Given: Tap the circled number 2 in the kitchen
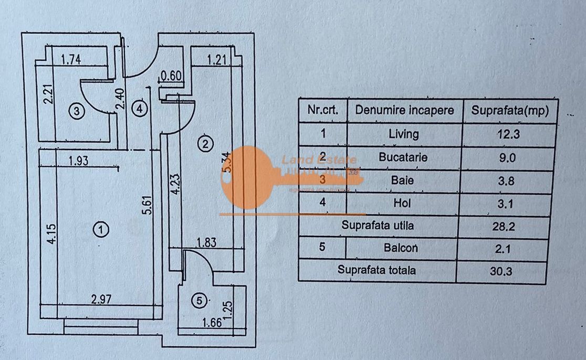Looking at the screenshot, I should [205, 142].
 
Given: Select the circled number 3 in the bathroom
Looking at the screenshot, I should [77, 111].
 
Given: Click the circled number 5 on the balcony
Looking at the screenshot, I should [198, 301].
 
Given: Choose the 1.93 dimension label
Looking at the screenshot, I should [78, 161].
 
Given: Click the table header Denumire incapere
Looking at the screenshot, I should [404, 111].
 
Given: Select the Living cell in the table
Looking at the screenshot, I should [404, 134].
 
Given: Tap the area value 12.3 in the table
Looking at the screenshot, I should [508, 134].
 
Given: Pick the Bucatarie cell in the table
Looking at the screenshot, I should [403, 157].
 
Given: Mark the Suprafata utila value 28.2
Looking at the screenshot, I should [508, 226].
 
